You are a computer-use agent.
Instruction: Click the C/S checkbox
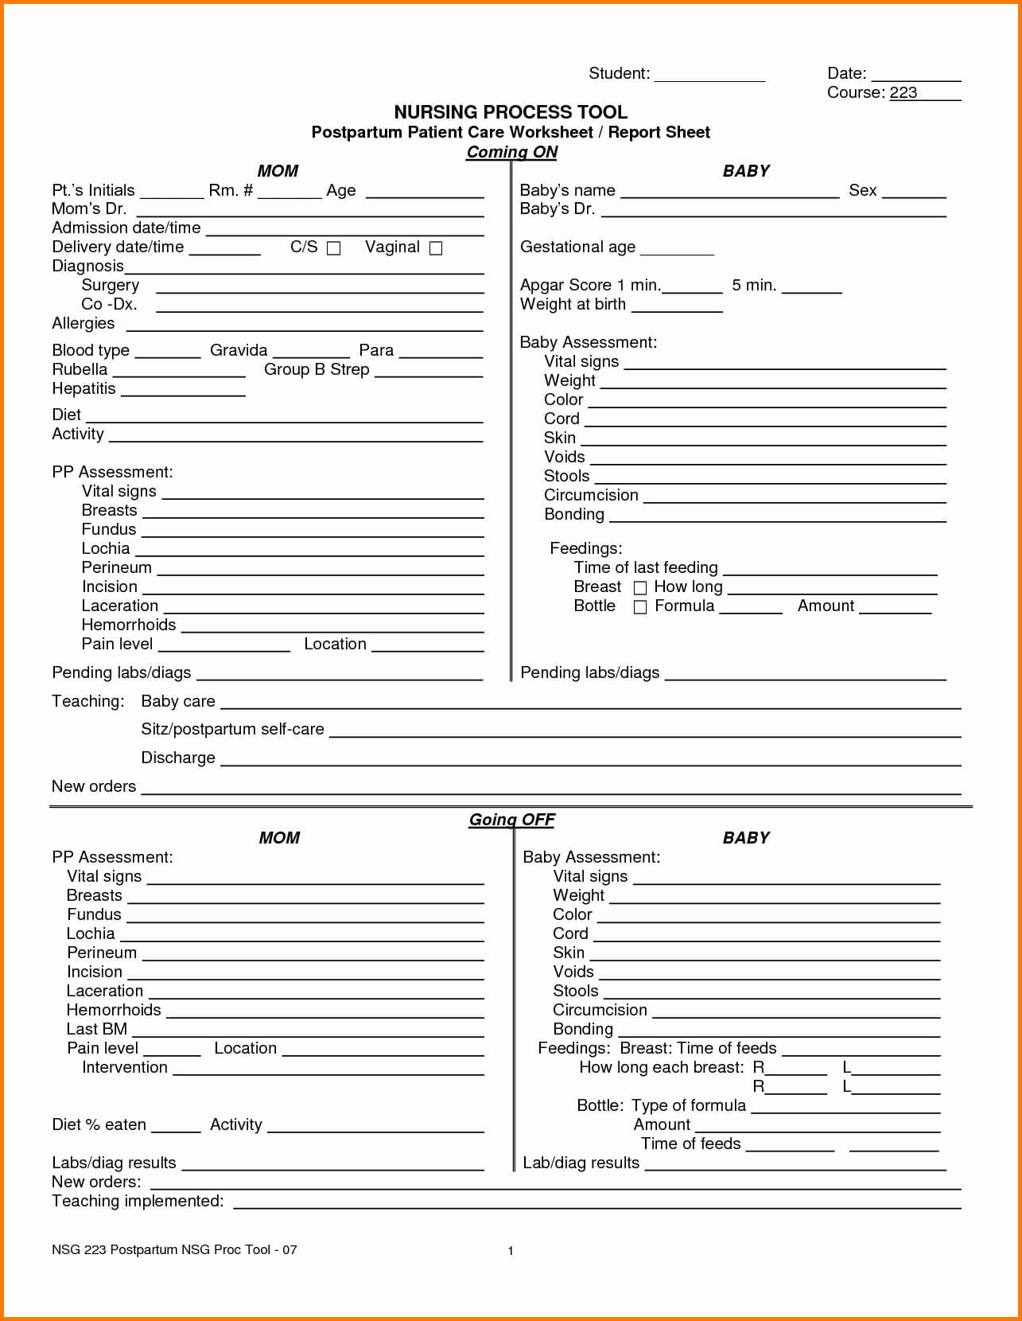[334, 248]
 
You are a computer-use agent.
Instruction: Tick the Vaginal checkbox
[436, 248]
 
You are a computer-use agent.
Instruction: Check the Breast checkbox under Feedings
[640, 588]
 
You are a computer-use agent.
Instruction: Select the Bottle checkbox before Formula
[640, 607]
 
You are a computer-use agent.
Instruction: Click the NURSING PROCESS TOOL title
[511, 112]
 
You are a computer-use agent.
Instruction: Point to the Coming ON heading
[511, 152]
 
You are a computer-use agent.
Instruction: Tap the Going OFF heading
[511, 820]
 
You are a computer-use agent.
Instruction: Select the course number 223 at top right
[903, 92]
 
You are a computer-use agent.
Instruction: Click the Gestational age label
[577, 247]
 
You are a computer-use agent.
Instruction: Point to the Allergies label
[83, 324]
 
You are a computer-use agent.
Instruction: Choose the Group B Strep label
[317, 370]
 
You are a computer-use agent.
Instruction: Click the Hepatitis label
[84, 389]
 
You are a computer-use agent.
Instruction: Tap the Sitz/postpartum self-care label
[232, 730]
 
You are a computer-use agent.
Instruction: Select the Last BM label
[96, 1030]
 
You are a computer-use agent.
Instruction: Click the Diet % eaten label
[99, 1125]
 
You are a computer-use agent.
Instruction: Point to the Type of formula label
[689, 1106]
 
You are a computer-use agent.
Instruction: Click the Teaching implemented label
[138, 1202]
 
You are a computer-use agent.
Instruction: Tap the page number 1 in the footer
[511, 1251]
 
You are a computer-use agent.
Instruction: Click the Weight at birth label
[573, 305]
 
